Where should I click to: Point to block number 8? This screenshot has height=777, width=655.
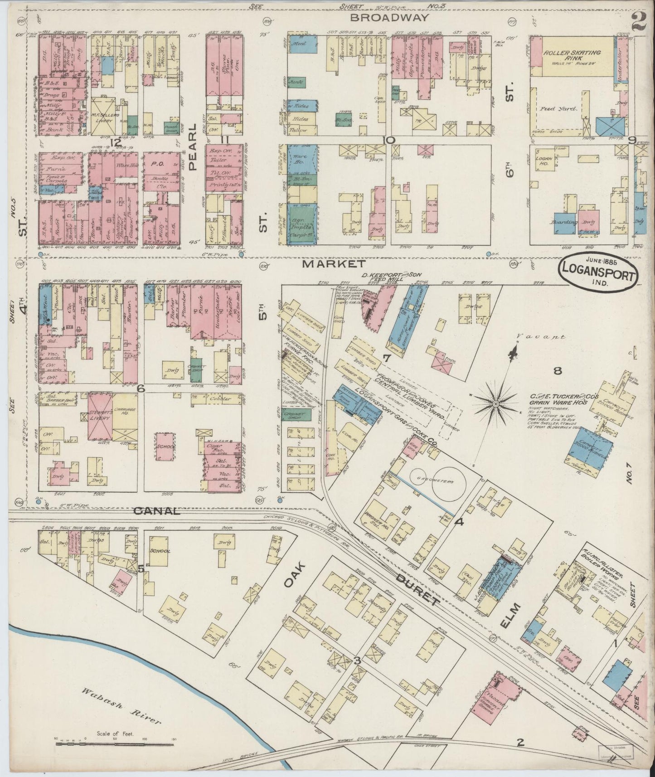(x=557, y=371)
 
